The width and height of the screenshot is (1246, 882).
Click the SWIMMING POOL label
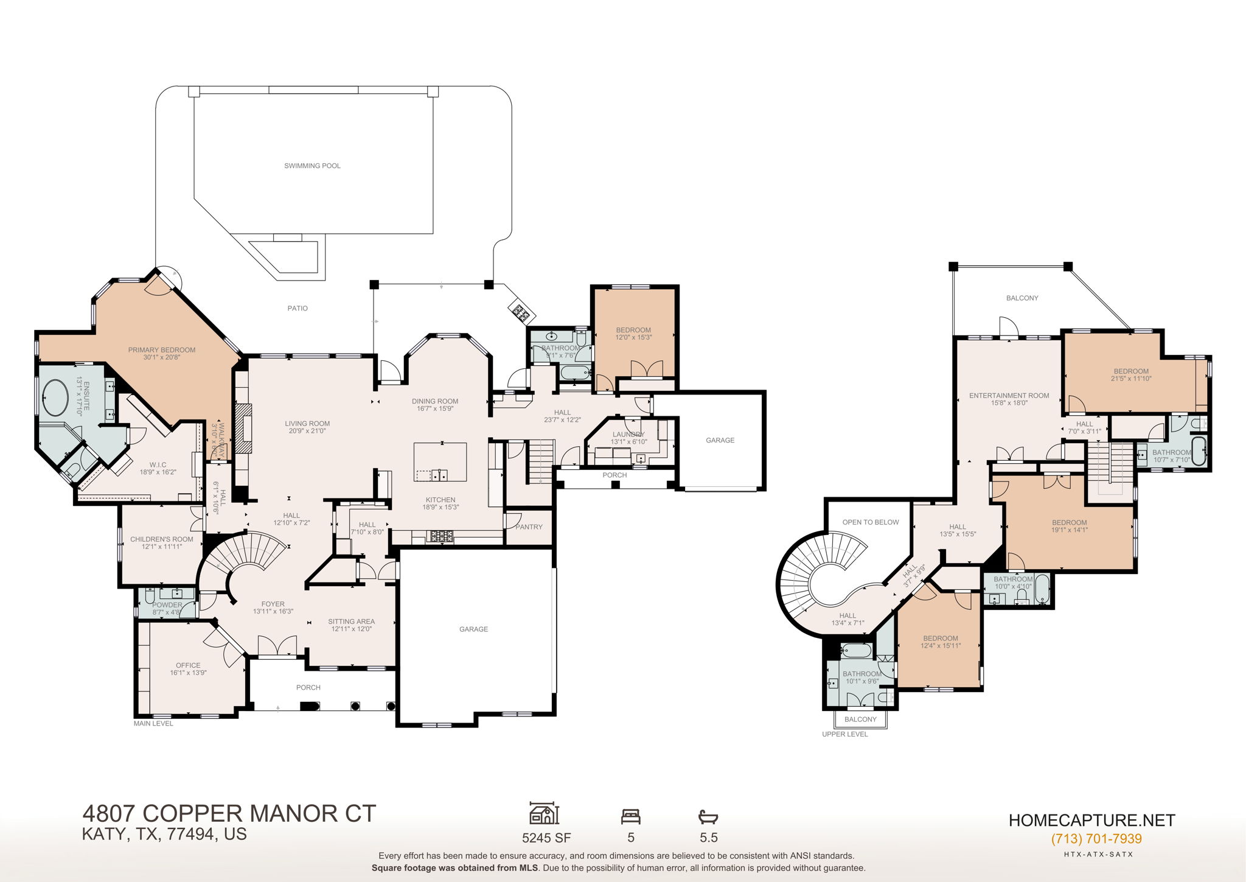pyautogui.click(x=312, y=166)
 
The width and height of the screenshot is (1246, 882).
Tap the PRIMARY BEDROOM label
pyautogui.click(x=161, y=350)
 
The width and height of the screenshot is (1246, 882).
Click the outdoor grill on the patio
pyautogui.click(x=521, y=313)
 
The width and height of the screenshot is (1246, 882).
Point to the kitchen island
pyautogui.click(x=440, y=462)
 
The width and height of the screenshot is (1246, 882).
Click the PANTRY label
pyautogui.click(x=529, y=527)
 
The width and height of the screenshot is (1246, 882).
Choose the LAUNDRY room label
pyautogui.click(x=628, y=435)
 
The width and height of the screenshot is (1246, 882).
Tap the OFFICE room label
pyautogui.click(x=188, y=665)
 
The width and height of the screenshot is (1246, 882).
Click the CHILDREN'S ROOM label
pyautogui.click(x=161, y=539)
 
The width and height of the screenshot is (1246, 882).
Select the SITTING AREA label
pyautogui.click(x=351, y=621)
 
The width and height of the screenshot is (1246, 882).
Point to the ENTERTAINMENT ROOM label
pyautogui.click(x=1009, y=396)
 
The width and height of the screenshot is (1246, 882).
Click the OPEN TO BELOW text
pyautogui.click(x=870, y=522)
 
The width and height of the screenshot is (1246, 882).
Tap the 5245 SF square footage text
pyautogui.click(x=546, y=838)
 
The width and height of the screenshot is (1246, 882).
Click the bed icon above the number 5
pyautogui.click(x=630, y=816)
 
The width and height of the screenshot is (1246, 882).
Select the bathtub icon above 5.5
pyautogui.click(x=708, y=816)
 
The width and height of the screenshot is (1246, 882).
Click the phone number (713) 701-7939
pyautogui.click(x=1096, y=839)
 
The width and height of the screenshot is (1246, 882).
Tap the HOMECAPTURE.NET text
pyautogui.click(x=1091, y=821)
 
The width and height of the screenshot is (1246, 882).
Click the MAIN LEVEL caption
pyautogui.click(x=153, y=724)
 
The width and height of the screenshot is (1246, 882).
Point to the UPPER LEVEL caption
pyautogui.click(x=844, y=734)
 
